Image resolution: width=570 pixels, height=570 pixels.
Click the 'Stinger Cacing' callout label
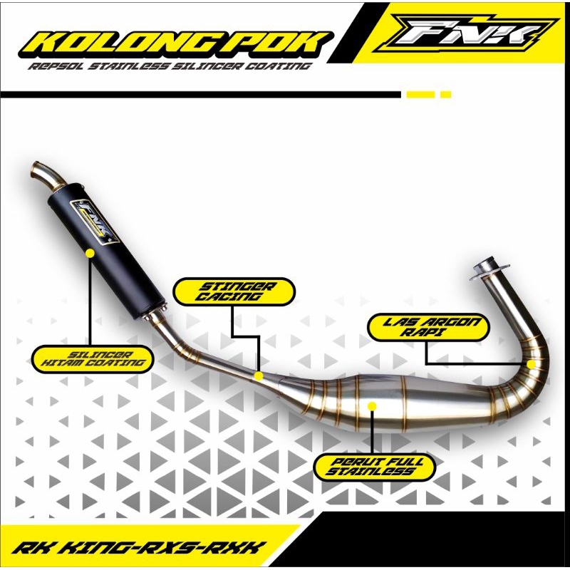(234, 291)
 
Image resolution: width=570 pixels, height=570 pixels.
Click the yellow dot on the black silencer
(90, 252)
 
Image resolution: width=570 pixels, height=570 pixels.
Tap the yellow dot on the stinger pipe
(259, 375)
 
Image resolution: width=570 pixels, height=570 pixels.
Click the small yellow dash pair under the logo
(428, 94)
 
